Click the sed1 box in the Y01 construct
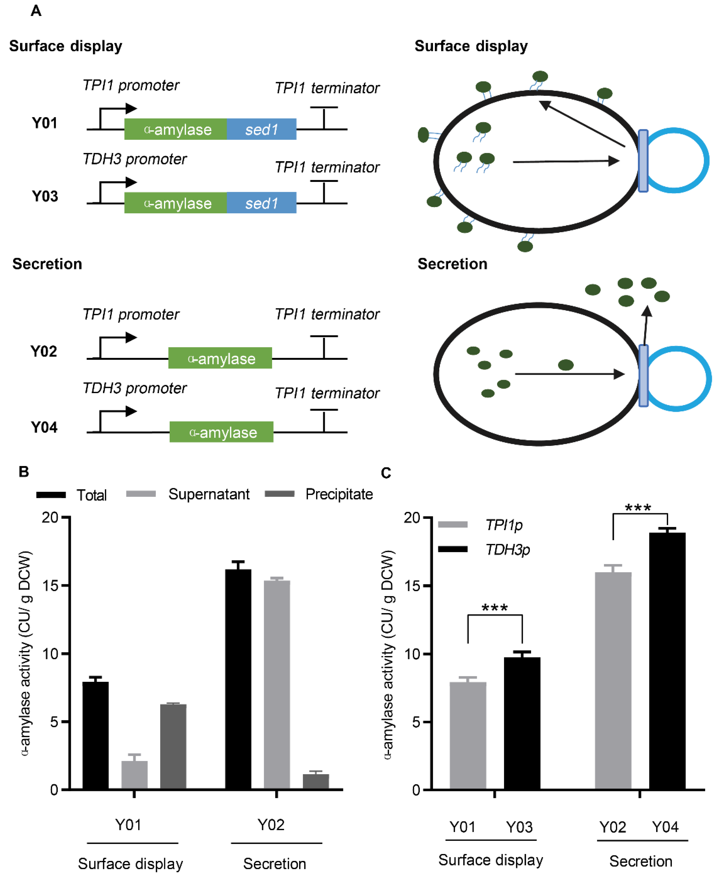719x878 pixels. tap(261, 129)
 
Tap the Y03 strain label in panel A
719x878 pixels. tap(45, 196)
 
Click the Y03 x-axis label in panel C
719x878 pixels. tap(519, 827)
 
